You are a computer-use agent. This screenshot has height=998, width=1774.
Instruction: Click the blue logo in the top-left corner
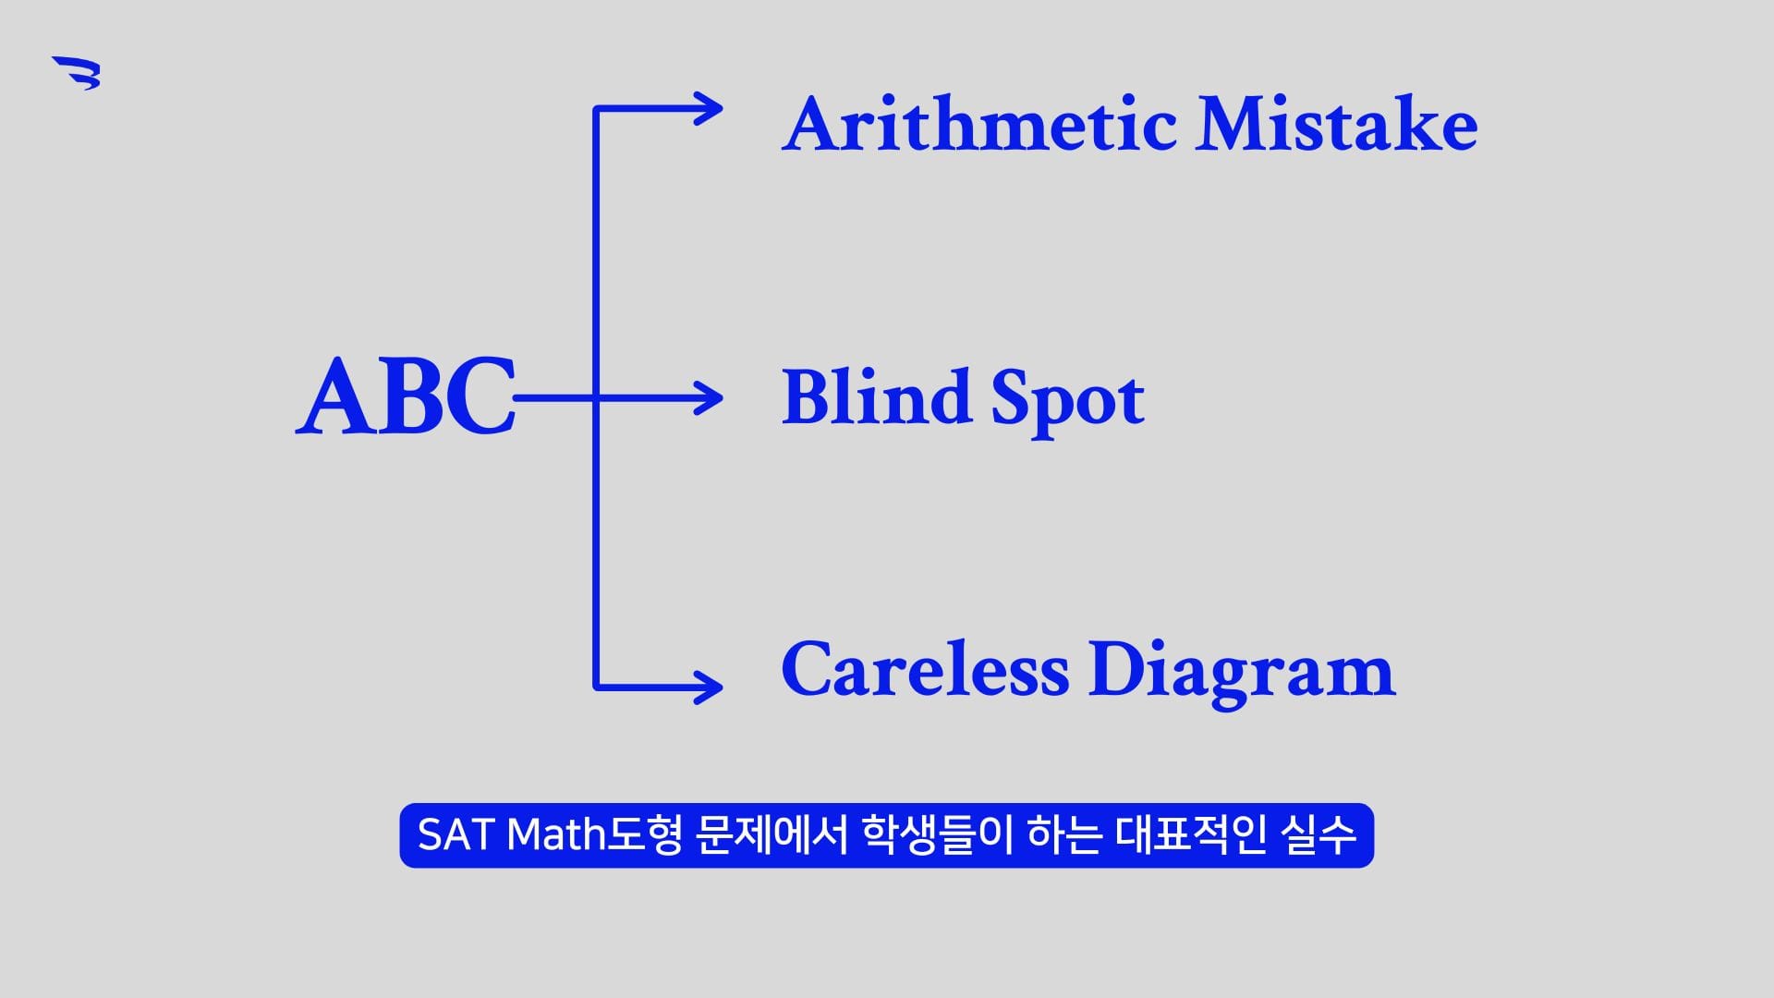tap(77, 73)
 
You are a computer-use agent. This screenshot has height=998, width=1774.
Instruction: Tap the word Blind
tap(876, 396)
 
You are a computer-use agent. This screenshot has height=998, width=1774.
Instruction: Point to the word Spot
tap(1068, 402)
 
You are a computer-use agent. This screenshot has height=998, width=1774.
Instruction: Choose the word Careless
tap(925, 669)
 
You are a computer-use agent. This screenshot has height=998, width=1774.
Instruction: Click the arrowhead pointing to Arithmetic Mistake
tap(709, 109)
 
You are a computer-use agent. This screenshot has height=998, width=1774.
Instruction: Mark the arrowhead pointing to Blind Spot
tap(709, 398)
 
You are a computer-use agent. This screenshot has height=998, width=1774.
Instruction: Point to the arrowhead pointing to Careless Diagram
tap(709, 688)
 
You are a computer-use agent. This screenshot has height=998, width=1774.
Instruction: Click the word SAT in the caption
tap(456, 835)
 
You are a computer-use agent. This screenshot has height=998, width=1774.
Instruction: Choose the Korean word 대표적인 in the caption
tap(1190, 835)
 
